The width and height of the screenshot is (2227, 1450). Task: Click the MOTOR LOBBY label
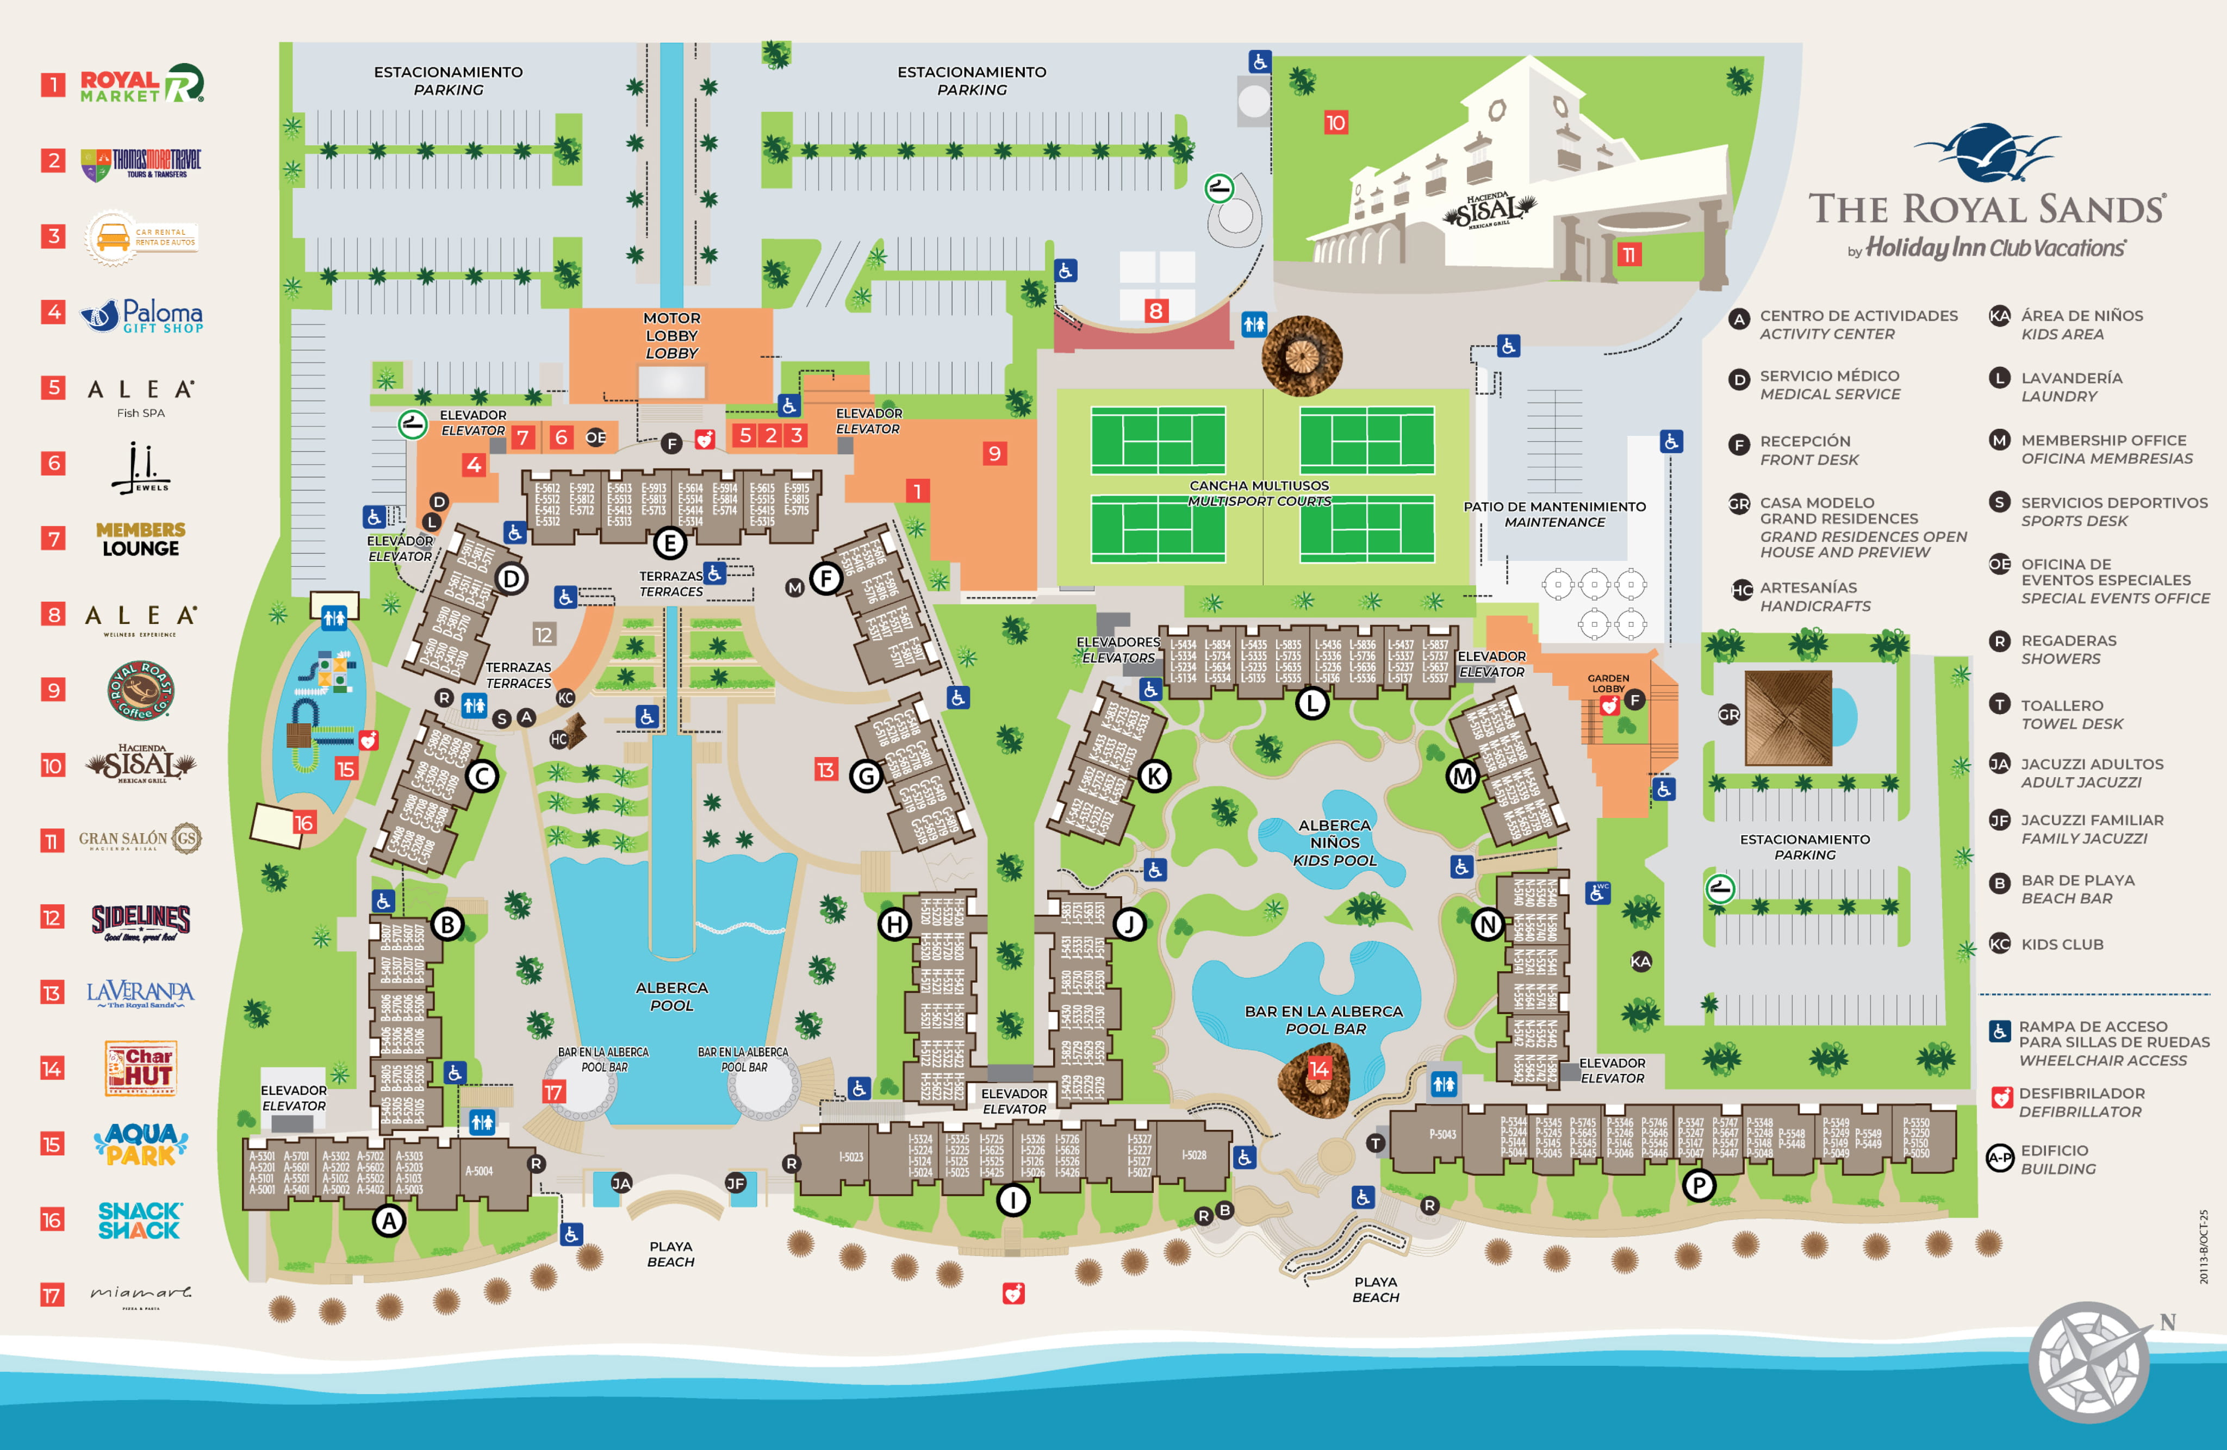pyautogui.click(x=672, y=335)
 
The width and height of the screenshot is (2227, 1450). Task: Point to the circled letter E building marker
pyautogui.click(x=670, y=542)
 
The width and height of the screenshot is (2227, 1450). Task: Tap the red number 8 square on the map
pyautogui.click(x=1156, y=310)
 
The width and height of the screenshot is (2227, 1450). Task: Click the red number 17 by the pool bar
pyautogui.click(x=553, y=1092)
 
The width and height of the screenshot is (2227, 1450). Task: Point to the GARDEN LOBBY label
pyautogui.click(x=1608, y=683)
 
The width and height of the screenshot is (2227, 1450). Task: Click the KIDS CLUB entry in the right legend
pyautogui.click(x=2061, y=944)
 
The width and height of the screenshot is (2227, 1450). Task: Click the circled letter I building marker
pyautogui.click(x=1012, y=1199)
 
